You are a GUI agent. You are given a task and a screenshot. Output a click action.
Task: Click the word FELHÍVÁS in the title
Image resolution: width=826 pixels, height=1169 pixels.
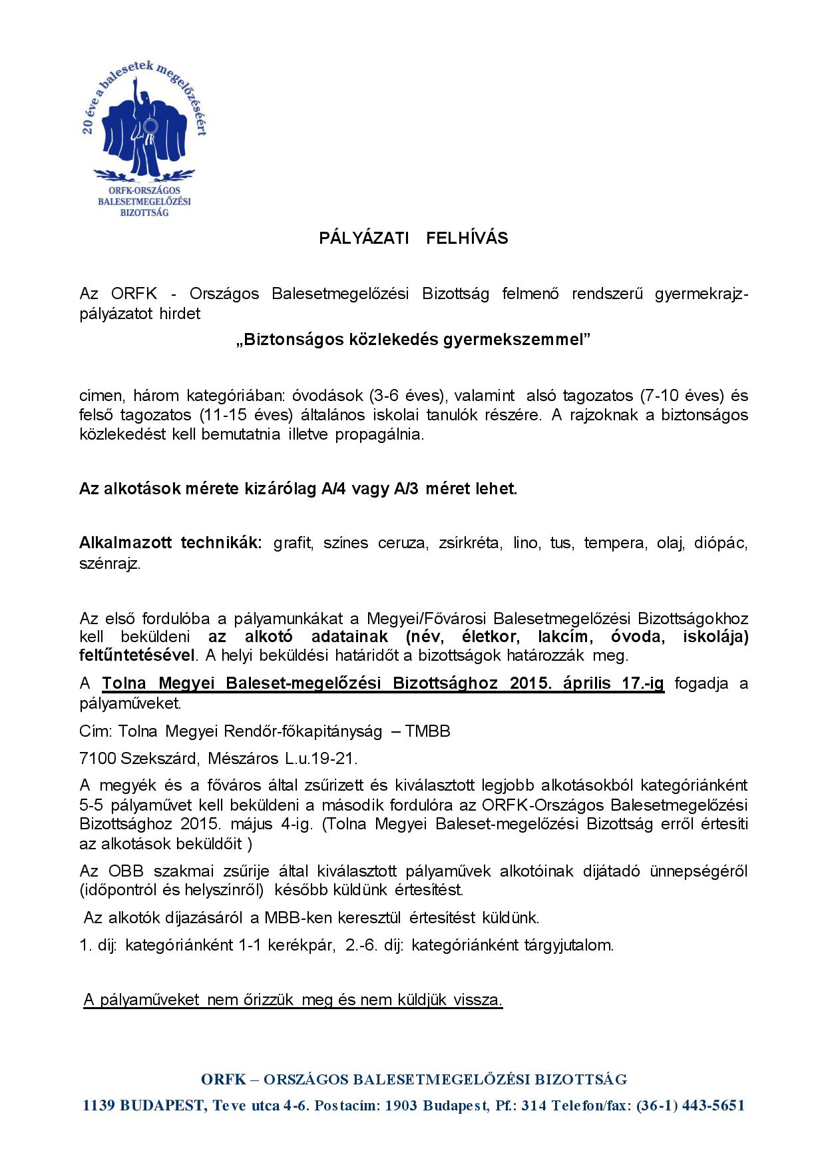coord(467,238)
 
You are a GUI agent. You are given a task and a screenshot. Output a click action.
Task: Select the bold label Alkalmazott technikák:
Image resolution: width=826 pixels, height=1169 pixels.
coord(171,543)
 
